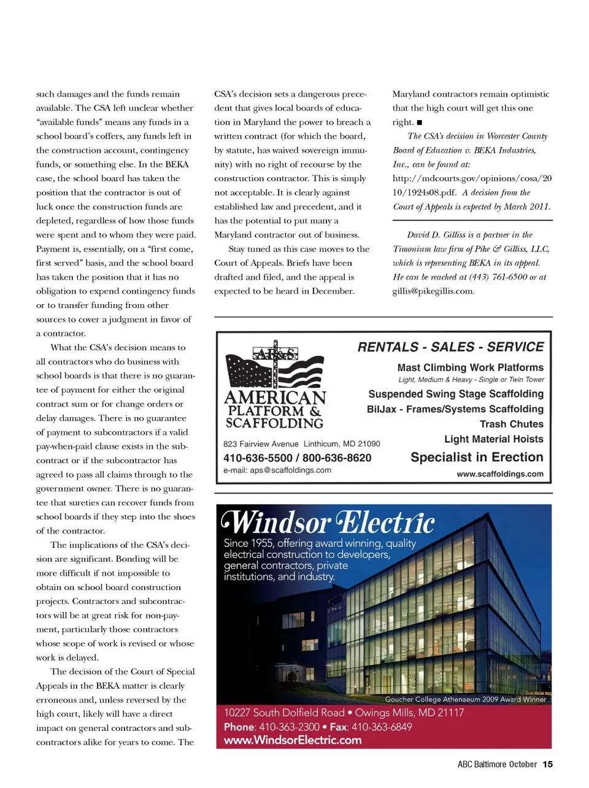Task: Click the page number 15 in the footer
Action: (548, 764)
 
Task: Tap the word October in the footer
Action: (523, 764)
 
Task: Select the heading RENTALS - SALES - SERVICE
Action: (450, 347)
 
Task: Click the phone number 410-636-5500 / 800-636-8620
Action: (297, 458)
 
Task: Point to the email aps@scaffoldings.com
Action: (277, 470)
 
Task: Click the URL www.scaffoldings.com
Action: (499, 474)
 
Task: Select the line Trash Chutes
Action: (511, 424)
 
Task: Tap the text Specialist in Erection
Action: (477, 457)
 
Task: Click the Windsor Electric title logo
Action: (329, 522)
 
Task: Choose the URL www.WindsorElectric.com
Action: (292, 740)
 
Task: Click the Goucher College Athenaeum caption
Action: (465, 699)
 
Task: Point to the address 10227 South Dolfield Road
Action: (283, 713)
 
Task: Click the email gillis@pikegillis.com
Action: (433, 291)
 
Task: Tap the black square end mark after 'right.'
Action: (420, 122)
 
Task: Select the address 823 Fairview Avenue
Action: (261, 444)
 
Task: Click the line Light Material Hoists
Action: (493, 439)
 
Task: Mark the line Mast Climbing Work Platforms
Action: (470, 367)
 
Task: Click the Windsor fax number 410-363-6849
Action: (382, 727)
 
